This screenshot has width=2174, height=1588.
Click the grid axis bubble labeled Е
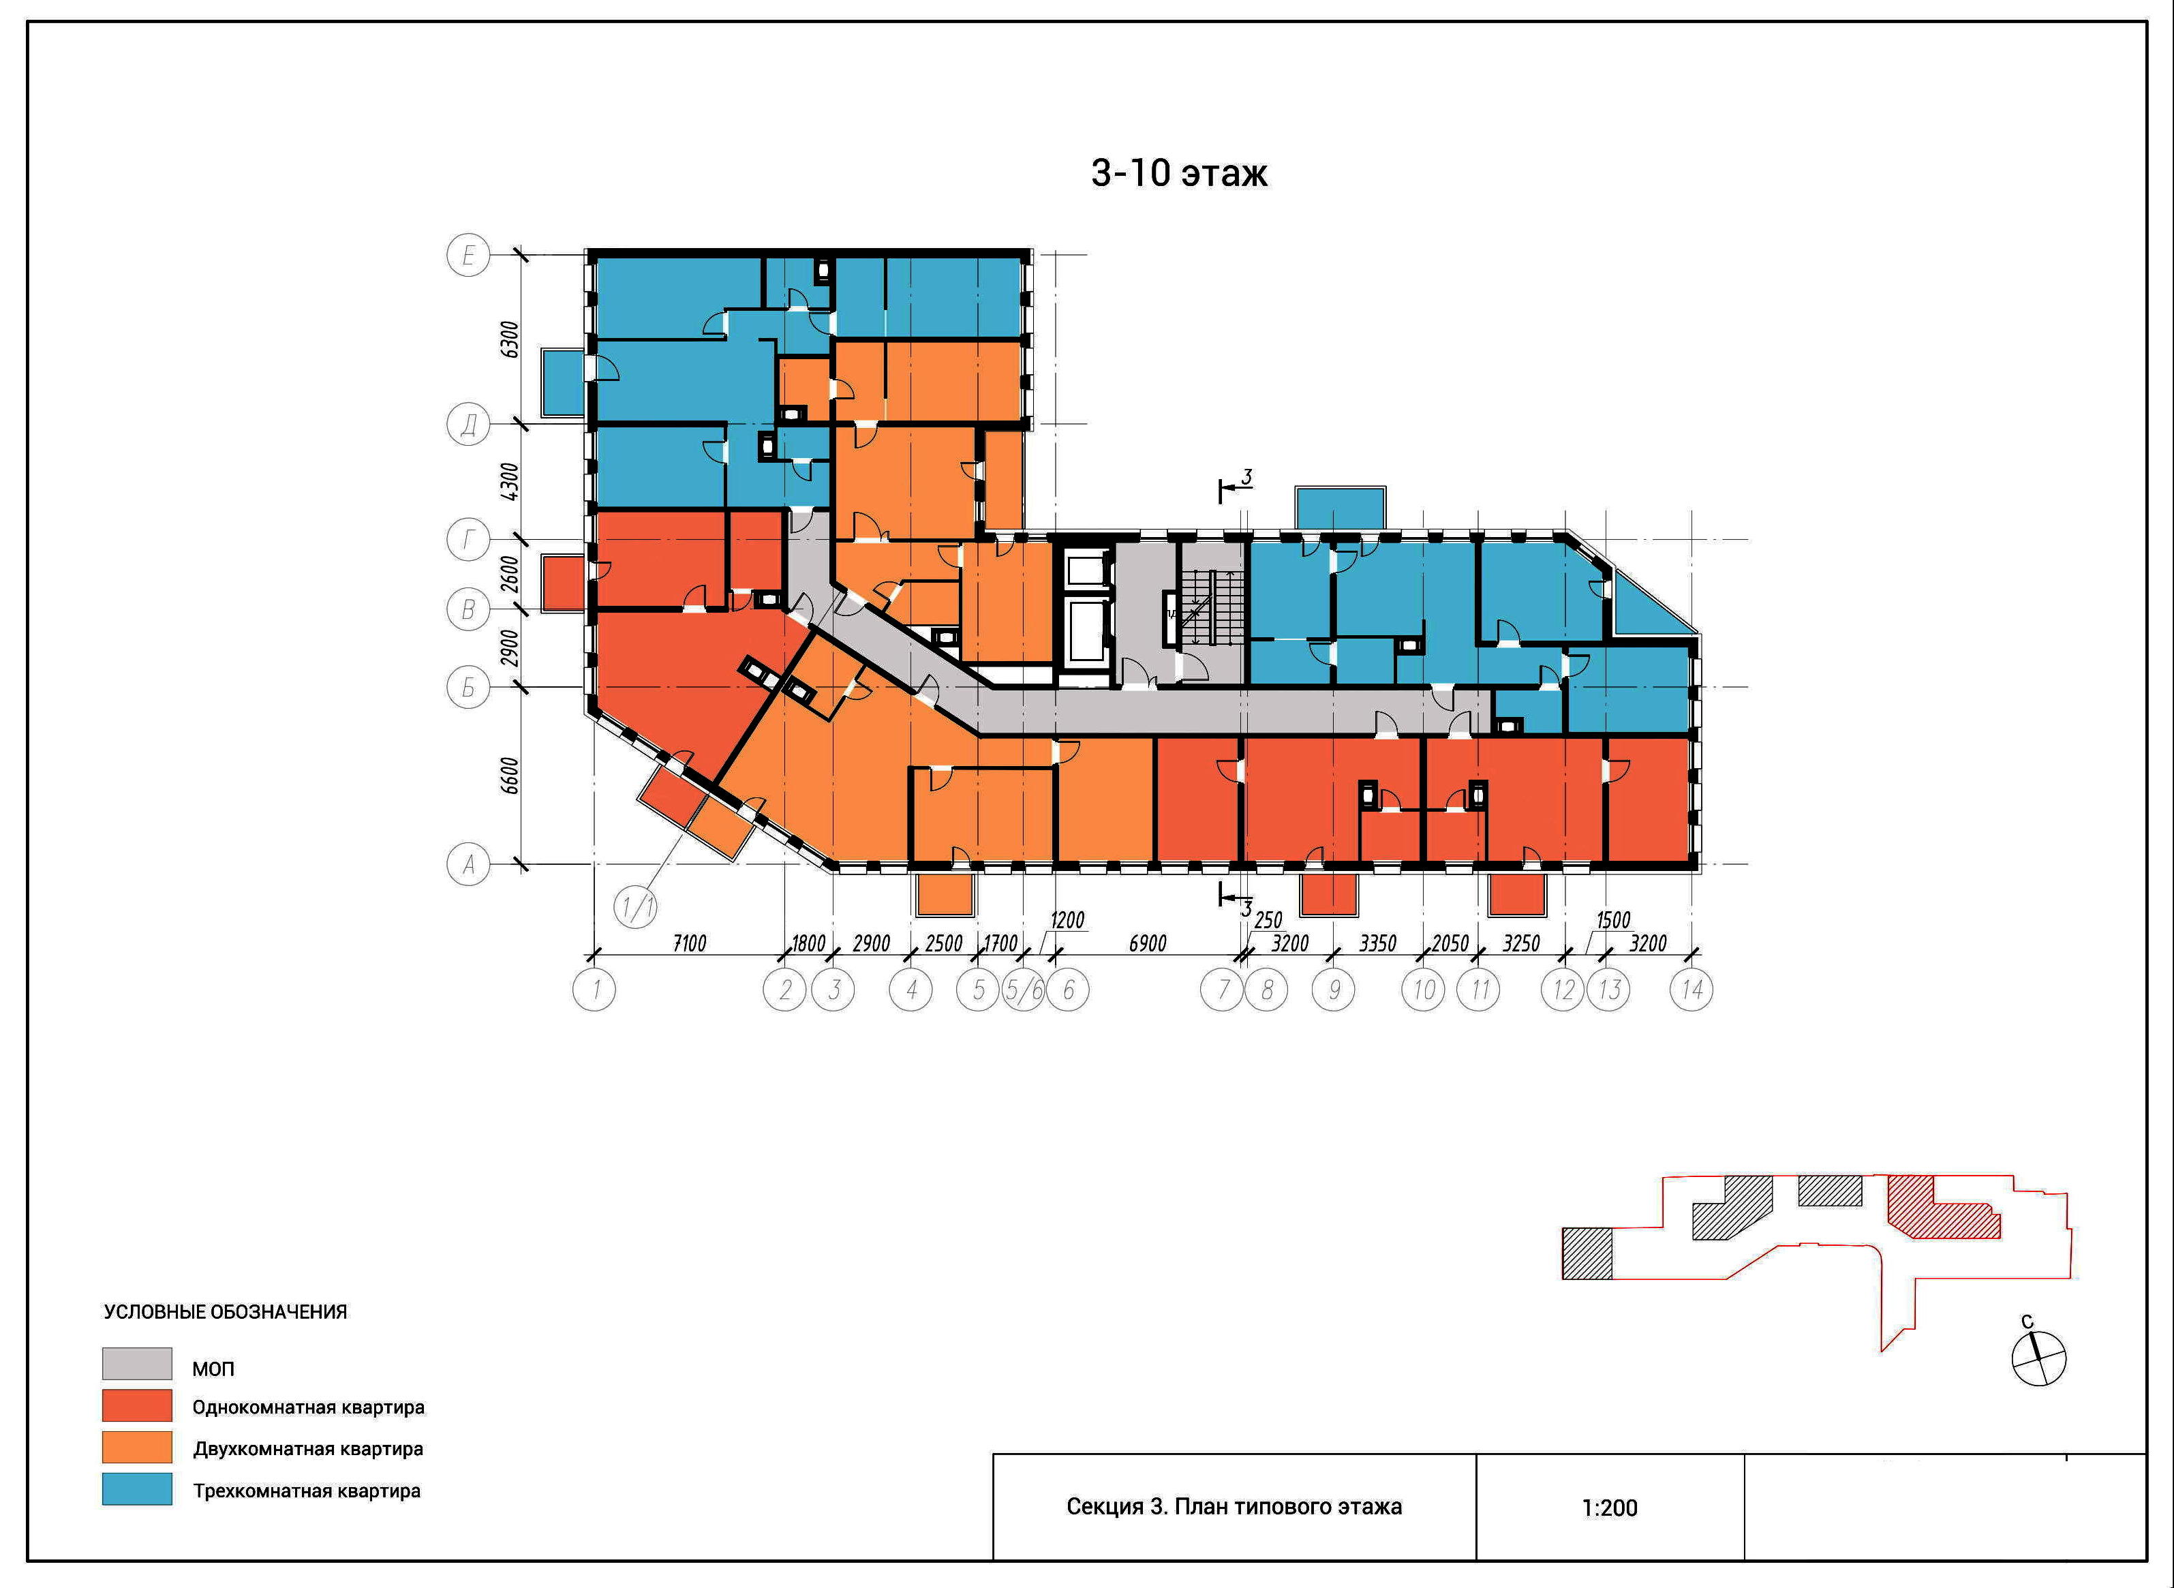click(x=468, y=256)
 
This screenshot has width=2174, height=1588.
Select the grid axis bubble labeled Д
click(x=468, y=424)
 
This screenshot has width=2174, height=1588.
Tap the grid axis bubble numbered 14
click(x=1691, y=989)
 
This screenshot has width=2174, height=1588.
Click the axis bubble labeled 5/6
click(x=1024, y=989)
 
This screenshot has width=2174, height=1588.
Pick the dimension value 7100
click(x=689, y=943)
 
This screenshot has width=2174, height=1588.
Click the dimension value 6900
click(x=1148, y=943)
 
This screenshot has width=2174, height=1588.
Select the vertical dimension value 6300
click(x=510, y=339)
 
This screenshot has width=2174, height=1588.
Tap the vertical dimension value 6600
click(x=510, y=776)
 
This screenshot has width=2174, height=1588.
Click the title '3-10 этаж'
click(x=1179, y=173)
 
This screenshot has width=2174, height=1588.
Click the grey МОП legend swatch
click(x=138, y=1363)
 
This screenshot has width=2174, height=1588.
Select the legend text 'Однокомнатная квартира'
click(x=309, y=1407)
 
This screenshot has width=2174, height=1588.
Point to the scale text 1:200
click(x=1610, y=1508)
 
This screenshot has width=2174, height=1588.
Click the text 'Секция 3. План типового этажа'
click(x=1234, y=1506)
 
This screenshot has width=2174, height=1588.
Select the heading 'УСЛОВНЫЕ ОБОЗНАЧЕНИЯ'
click(x=226, y=1312)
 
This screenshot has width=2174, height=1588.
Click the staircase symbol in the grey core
click(x=1213, y=607)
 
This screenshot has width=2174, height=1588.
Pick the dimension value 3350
click(x=1377, y=943)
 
